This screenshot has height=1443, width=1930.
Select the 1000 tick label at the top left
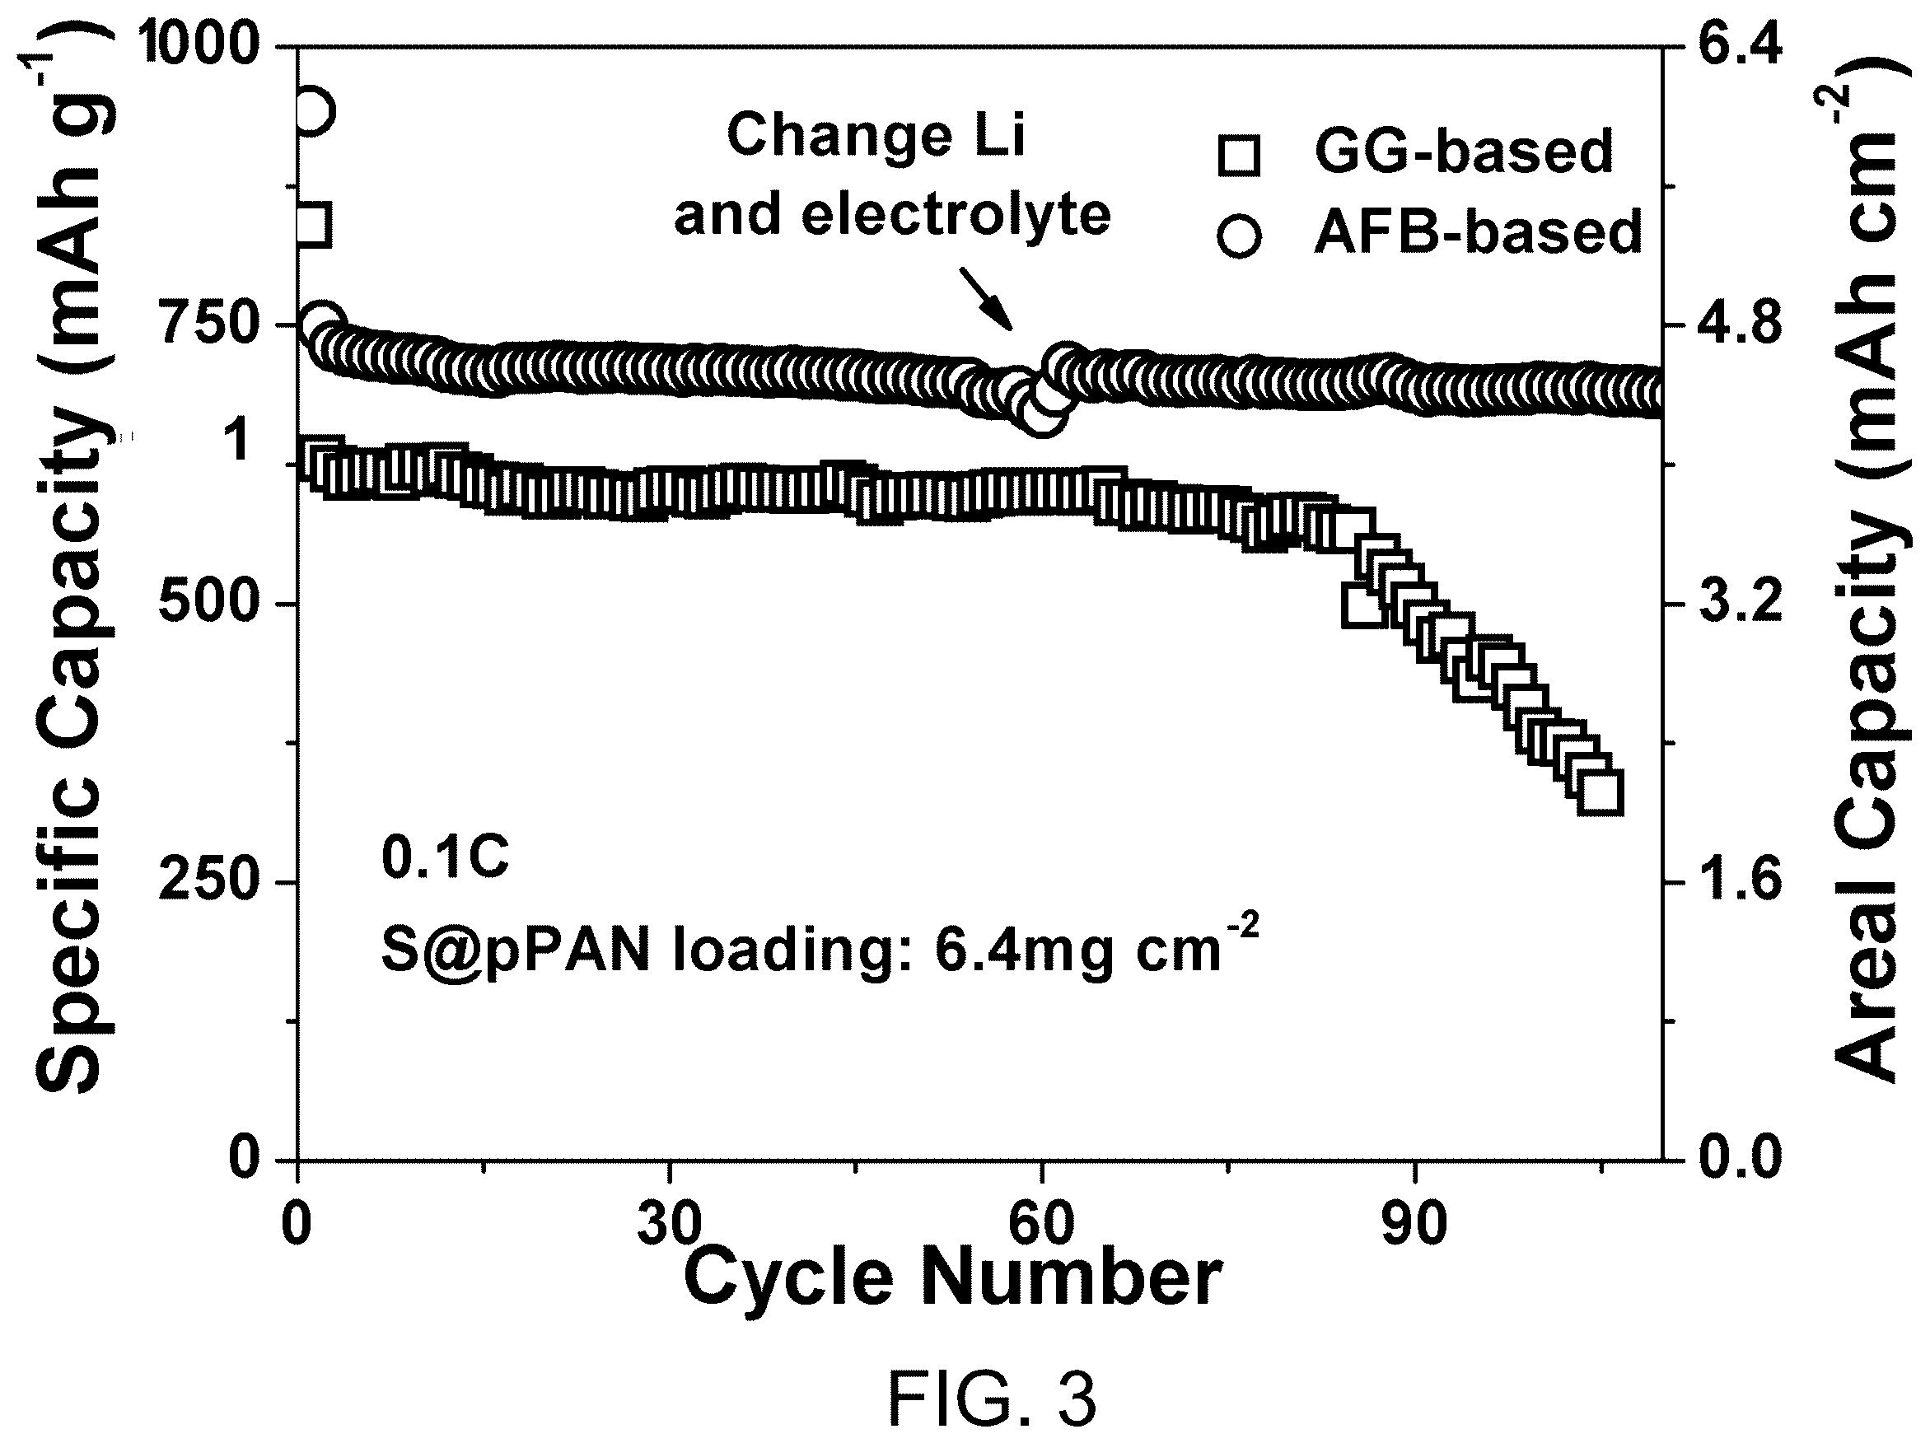point(200,45)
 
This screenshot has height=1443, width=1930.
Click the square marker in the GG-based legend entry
point(1239,156)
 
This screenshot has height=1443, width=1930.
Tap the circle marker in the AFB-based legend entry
point(1239,236)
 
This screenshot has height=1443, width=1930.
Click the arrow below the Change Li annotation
point(987,299)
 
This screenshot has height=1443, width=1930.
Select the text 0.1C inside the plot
point(445,857)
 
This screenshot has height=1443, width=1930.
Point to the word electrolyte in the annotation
point(956,215)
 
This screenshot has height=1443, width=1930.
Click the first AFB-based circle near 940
point(312,112)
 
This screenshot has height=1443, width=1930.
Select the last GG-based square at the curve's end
point(1601,792)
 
